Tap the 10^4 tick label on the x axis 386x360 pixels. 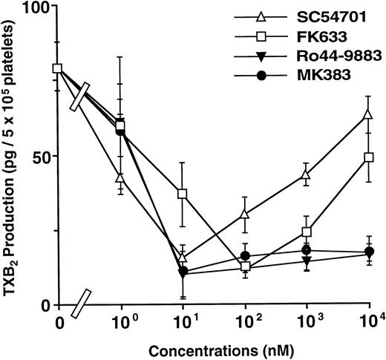pos(368,323)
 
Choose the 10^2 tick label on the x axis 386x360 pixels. pos(244,323)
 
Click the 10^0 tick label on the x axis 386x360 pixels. pos(120,323)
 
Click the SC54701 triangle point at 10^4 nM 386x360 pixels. pos(368,114)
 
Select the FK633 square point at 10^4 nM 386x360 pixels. pos(368,157)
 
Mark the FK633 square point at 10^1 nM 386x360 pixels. pos(182,193)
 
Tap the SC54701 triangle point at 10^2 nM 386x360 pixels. pos(244,214)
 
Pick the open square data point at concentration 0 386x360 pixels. pos(58,69)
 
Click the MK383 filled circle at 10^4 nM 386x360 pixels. pos(368,252)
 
